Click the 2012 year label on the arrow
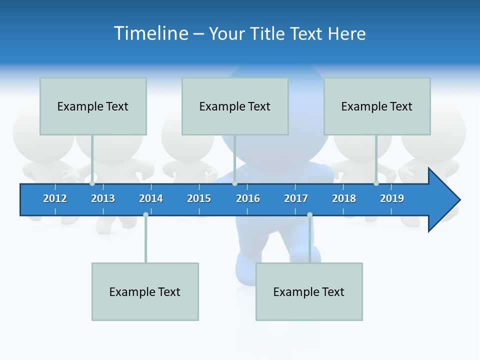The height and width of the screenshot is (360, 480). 55,198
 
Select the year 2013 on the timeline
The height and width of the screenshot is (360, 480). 103,198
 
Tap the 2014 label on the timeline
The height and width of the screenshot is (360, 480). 151,198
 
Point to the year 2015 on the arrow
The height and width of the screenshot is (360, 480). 199,198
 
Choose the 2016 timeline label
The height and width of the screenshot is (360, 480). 248,198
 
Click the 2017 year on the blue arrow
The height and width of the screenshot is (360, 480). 296,198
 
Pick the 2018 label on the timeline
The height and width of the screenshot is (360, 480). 344,198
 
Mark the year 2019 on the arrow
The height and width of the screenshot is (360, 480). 392,198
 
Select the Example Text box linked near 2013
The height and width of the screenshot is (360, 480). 93,106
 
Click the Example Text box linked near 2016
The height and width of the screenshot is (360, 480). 235,106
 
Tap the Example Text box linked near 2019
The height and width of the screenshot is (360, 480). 377,106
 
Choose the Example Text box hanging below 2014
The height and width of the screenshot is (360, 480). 145,291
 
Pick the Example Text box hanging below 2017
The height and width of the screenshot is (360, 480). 309,291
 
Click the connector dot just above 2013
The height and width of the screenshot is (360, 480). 92,183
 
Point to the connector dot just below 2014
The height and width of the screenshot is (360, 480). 145,215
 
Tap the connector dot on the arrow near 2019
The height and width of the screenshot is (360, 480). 376,183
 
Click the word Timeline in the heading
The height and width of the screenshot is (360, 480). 150,33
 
